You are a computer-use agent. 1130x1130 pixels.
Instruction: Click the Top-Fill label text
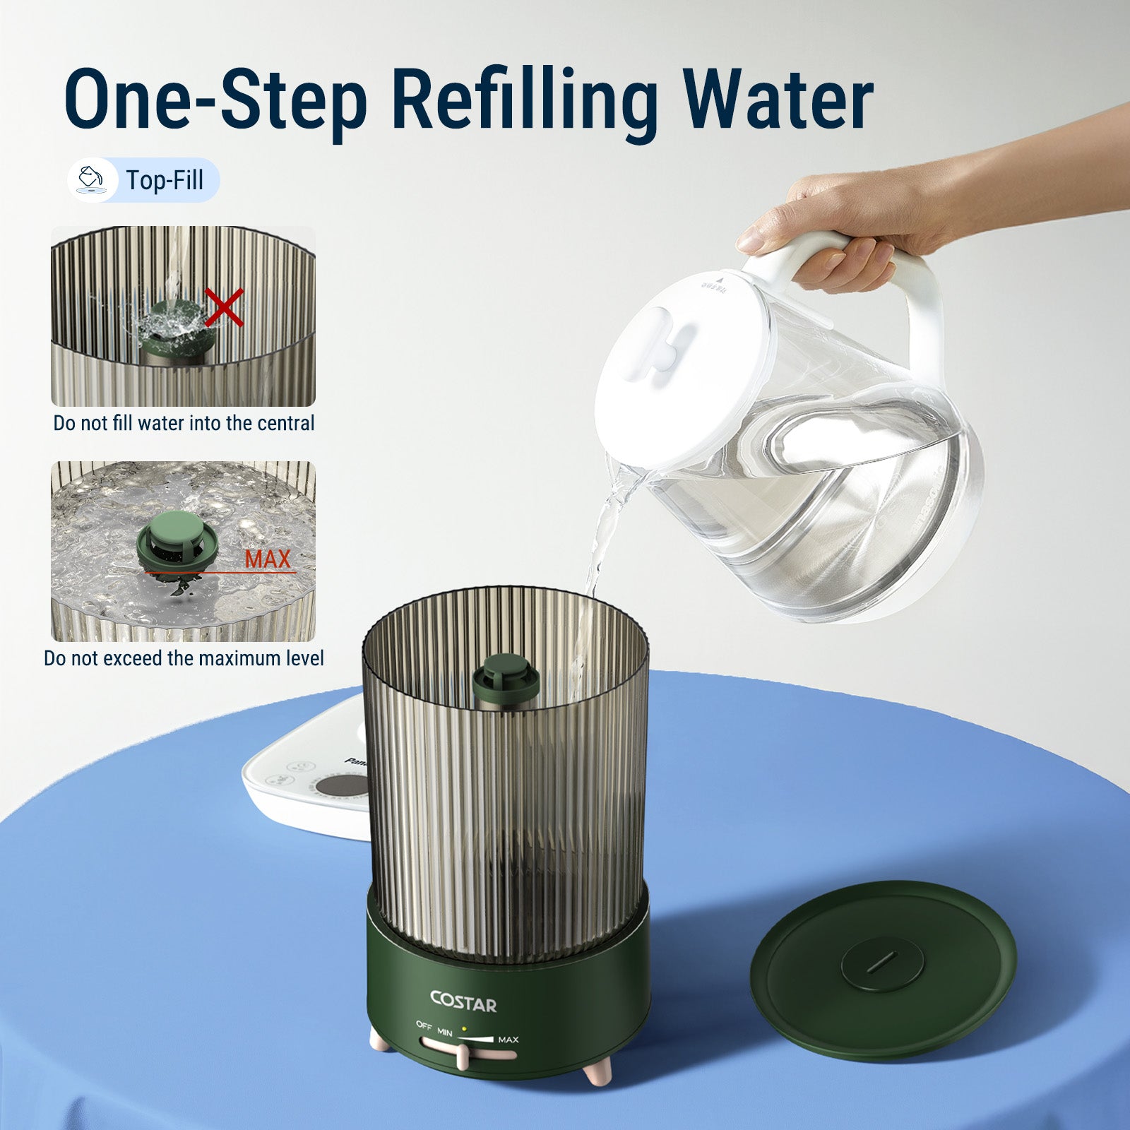coord(165,180)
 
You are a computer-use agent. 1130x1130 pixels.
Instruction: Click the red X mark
coord(224,307)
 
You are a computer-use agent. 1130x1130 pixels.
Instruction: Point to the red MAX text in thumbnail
coord(268,559)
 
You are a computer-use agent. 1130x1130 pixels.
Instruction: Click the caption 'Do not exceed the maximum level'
coord(184,658)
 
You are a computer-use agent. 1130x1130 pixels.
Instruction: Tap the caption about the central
coord(184,423)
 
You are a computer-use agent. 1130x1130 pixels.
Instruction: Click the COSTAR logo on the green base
coord(463,1002)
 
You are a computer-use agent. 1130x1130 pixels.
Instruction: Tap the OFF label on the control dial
coord(424,1025)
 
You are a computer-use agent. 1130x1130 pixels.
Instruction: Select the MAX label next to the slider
coord(508,1040)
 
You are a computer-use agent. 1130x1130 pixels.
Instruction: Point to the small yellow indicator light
coord(463,1029)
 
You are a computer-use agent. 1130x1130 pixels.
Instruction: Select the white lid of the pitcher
coord(678,360)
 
